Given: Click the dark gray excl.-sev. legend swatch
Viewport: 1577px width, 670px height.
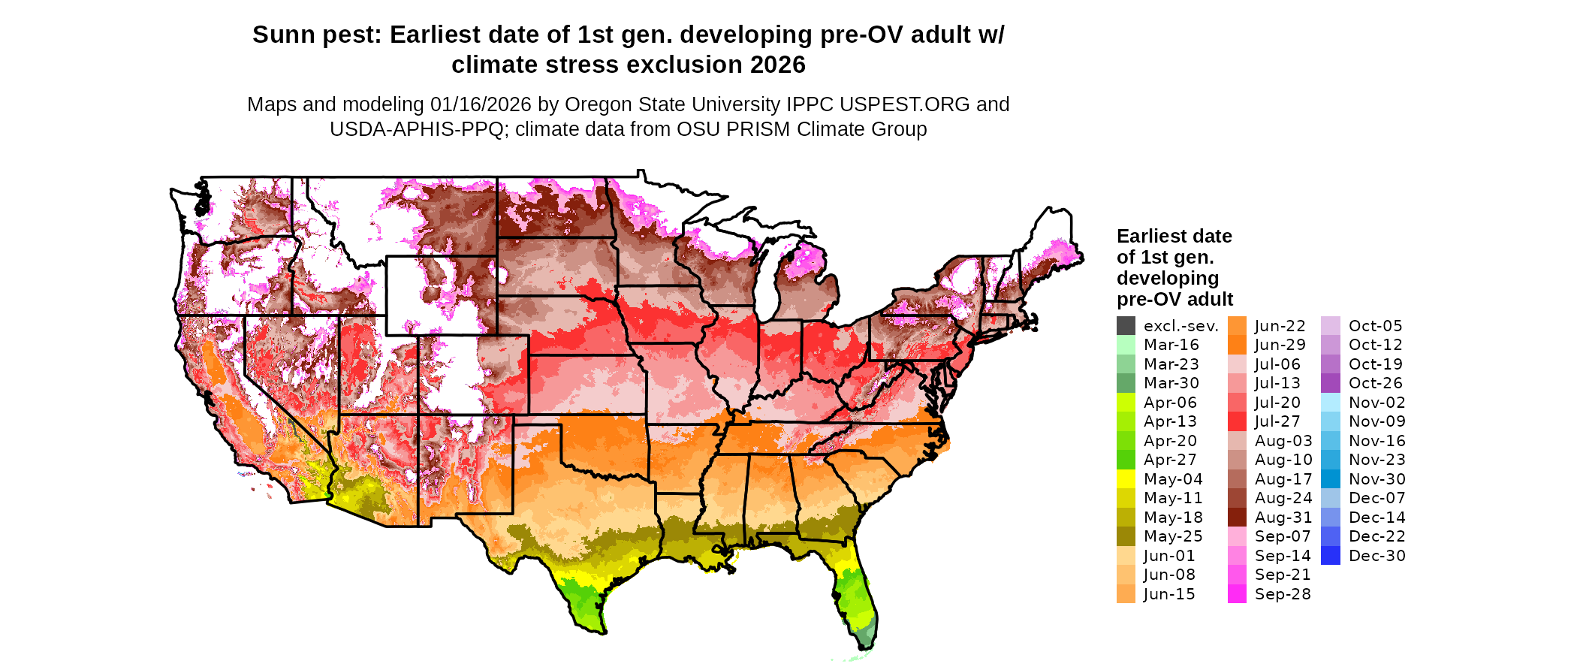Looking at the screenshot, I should [x=1126, y=326].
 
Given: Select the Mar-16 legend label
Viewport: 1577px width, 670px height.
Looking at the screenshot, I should [x=1171, y=345].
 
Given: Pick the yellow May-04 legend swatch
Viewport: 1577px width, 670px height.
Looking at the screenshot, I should [x=1126, y=479].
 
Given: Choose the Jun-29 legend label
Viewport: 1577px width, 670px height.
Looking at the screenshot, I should [x=1280, y=345].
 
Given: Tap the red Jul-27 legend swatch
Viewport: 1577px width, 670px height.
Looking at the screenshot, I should [x=1237, y=421].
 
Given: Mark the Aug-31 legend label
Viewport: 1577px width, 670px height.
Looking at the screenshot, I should [x=1283, y=518].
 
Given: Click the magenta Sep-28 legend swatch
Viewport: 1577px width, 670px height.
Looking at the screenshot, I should [x=1237, y=594].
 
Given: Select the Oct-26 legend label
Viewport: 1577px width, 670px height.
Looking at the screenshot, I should [x=1375, y=383].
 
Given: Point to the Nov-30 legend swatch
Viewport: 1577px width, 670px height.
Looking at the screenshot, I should [x=1330, y=479].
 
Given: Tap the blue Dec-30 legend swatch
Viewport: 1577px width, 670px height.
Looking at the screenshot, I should [x=1330, y=556].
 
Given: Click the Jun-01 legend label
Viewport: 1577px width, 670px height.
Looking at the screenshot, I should [x=1168, y=556].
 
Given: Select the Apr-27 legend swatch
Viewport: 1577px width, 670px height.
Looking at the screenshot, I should [x=1126, y=460].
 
